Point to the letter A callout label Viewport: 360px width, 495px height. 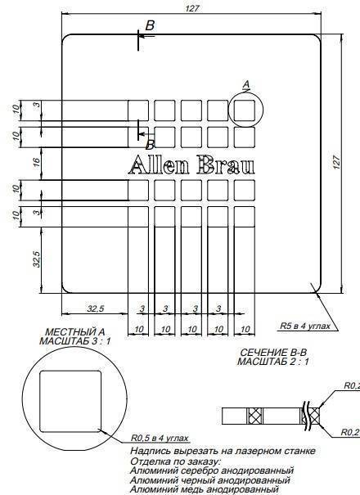coord(246,84)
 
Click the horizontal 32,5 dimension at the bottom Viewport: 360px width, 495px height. coord(95,308)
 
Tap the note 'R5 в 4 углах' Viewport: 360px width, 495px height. coord(305,326)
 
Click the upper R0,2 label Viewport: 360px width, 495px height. coord(351,386)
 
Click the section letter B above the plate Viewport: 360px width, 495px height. coord(150,26)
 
